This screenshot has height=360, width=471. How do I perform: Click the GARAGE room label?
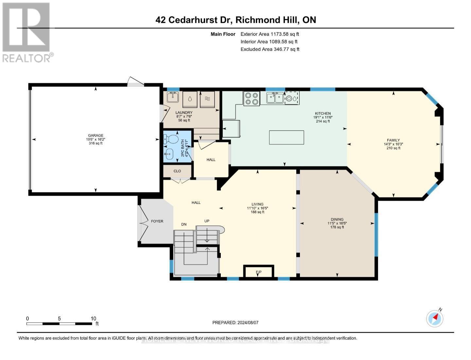point(96,135)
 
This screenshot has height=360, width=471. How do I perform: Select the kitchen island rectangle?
point(287,137)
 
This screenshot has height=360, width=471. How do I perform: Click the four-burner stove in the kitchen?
point(252,99)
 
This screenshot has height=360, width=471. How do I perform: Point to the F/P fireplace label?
point(258,272)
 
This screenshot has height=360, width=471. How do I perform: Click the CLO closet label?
point(177,171)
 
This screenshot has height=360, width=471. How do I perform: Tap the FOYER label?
point(157,221)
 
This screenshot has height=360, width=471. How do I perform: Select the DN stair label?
point(184,224)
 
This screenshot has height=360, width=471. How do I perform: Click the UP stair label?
point(207,221)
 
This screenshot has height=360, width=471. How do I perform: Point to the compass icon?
point(435,318)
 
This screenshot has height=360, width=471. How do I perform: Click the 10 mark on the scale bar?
point(94,318)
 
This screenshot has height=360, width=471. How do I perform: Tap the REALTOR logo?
point(27,33)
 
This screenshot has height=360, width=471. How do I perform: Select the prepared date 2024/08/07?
point(247,322)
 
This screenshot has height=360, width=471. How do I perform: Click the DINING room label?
point(337,219)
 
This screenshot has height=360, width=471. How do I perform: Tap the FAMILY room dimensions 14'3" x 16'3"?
point(393,144)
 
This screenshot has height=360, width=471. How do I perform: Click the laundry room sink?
point(172,97)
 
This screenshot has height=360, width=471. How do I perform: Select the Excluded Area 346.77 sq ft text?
point(270,49)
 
